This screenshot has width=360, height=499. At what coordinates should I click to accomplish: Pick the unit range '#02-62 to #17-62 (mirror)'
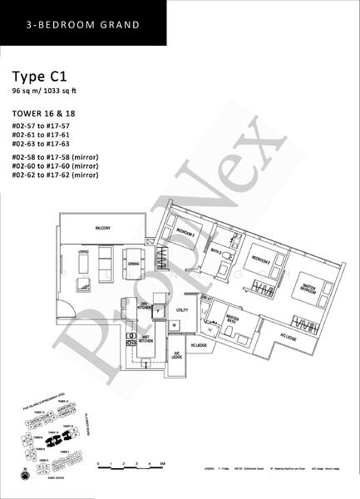point(61,175)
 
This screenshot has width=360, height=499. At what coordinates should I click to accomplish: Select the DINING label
point(134,264)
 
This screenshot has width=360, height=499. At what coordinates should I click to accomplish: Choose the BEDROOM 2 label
point(264,258)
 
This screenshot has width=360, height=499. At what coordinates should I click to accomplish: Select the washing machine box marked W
point(175,325)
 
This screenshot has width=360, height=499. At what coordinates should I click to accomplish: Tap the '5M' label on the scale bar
point(164,463)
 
